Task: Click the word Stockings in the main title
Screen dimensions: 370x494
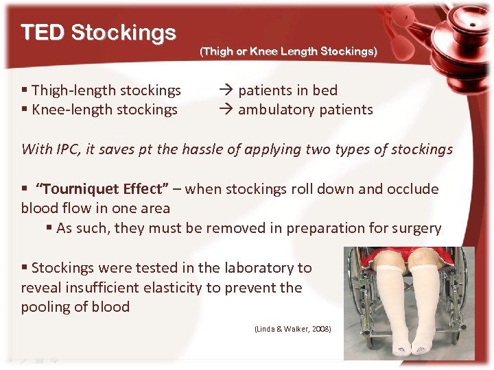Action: [123, 32]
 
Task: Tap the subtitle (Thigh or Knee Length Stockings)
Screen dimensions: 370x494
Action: [288, 51]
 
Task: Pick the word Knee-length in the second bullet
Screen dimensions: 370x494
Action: [69, 109]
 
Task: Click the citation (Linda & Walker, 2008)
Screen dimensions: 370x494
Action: [293, 330]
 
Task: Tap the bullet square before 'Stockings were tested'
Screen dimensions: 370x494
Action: [25, 268]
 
